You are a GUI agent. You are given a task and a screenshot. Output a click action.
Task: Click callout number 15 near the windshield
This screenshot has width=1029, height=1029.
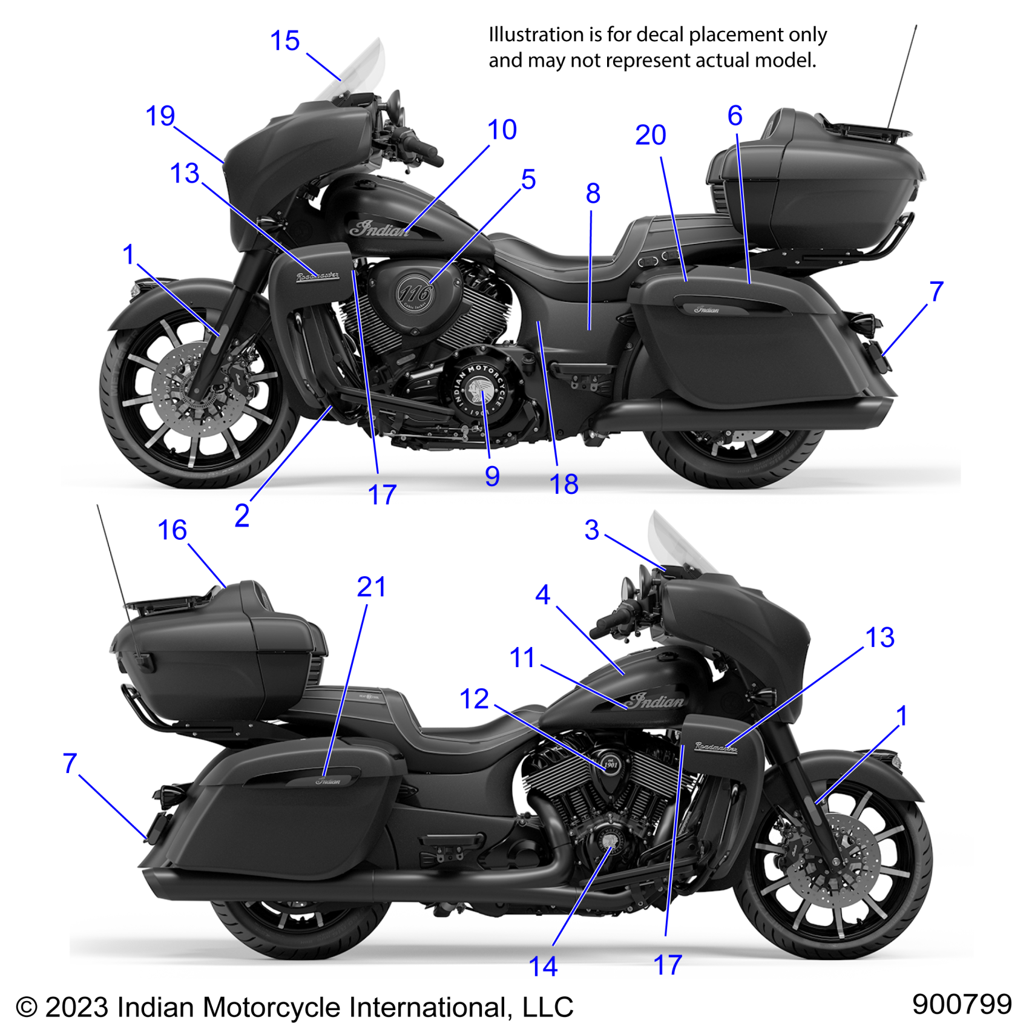click(x=284, y=41)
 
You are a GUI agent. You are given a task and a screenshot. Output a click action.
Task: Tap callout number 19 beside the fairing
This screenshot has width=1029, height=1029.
click(x=160, y=116)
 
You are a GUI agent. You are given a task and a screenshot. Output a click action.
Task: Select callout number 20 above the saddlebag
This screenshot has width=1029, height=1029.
click(x=650, y=135)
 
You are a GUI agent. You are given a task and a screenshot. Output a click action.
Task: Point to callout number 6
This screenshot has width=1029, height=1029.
click(x=735, y=116)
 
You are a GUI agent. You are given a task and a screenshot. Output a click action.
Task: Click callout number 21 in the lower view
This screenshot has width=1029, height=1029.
click(x=371, y=587)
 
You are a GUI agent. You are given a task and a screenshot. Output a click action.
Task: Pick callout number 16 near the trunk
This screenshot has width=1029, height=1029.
click(x=172, y=530)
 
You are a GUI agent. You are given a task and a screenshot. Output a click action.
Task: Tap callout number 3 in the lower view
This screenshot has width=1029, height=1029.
click(x=591, y=530)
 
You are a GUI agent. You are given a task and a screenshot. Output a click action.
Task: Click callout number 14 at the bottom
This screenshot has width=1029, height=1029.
click(x=543, y=966)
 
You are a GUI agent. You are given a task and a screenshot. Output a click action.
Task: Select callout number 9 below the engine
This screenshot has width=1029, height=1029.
click(x=492, y=476)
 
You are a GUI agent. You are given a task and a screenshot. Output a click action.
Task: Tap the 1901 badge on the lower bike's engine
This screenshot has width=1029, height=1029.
click(x=611, y=764)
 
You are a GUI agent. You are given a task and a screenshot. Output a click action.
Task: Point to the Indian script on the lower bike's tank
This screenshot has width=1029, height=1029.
click(x=656, y=701)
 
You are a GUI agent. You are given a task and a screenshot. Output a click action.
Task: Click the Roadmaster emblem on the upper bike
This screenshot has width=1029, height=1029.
click(x=318, y=277)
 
